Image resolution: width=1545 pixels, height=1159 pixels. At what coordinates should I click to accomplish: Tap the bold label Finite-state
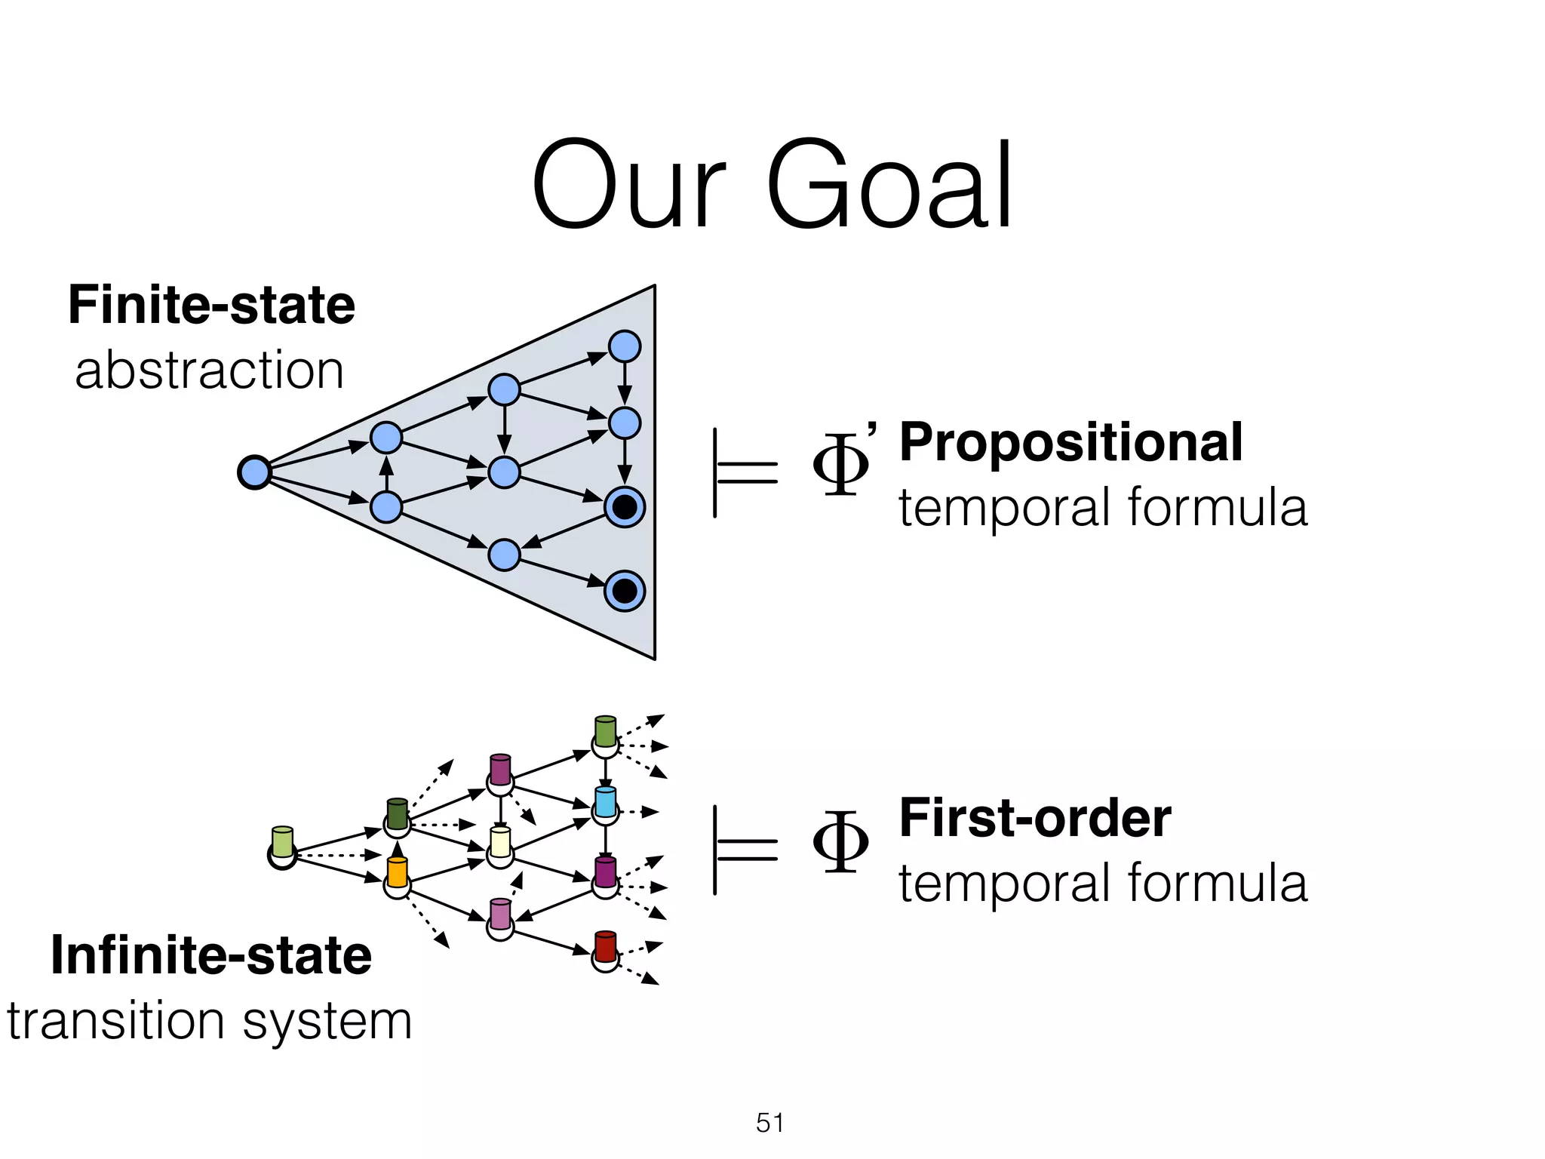tap(211, 305)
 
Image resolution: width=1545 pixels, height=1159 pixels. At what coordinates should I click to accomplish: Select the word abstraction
tap(209, 370)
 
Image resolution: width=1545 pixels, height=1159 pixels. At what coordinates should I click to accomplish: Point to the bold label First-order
tap(1035, 818)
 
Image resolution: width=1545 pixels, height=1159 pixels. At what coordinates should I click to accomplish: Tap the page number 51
tap(769, 1123)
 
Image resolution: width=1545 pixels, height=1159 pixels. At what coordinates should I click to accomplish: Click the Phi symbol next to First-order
tap(840, 841)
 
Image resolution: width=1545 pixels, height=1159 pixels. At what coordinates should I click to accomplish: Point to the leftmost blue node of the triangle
tap(254, 472)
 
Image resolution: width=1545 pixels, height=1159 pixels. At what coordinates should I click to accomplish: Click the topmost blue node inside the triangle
tap(625, 347)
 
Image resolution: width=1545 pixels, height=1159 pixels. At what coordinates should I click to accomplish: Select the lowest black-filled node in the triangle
tap(625, 590)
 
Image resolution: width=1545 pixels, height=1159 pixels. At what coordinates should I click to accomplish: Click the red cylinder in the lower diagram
tap(605, 946)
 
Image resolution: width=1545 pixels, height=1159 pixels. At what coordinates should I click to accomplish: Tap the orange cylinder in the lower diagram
tap(397, 872)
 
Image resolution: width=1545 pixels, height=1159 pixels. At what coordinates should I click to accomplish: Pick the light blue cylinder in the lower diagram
tap(605, 801)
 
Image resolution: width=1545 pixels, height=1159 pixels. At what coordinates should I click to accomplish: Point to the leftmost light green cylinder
tap(282, 842)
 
